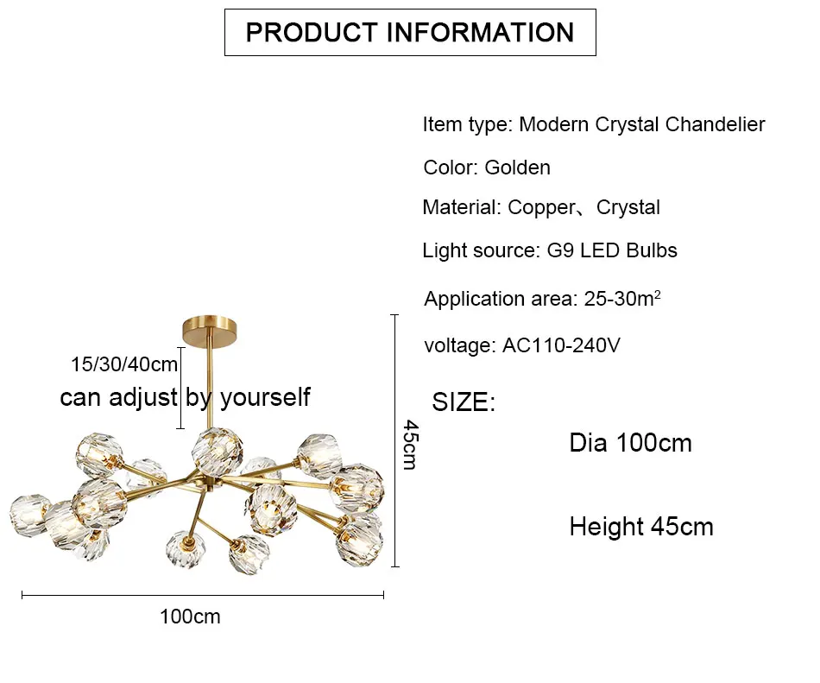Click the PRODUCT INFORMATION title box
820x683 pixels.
point(410,33)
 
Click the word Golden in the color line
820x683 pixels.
point(517,168)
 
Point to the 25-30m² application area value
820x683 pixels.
point(622,299)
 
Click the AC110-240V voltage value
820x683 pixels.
point(561,345)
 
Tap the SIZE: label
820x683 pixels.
point(464,402)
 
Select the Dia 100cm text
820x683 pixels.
point(630,443)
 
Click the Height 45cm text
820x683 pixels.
point(641,527)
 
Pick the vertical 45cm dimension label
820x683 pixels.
point(411,445)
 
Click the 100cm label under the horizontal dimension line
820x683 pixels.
point(190,617)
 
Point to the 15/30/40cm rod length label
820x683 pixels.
point(124,364)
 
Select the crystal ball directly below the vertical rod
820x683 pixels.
point(217,451)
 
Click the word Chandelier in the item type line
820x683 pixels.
point(715,124)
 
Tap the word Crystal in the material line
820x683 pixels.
point(628,208)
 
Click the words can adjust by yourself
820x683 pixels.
point(185,397)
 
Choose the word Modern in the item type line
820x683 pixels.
point(554,124)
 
